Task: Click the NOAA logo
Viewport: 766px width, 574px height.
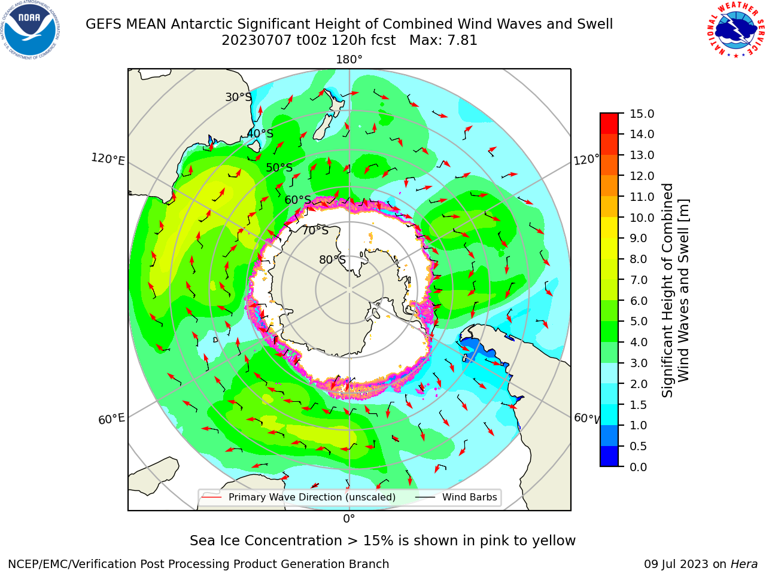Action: click(31, 30)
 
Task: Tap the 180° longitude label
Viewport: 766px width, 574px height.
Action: click(349, 60)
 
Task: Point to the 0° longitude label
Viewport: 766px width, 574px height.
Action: click(349, 518)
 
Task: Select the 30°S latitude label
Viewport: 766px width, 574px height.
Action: click(238, 97)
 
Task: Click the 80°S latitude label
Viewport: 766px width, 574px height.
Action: click(333, 259)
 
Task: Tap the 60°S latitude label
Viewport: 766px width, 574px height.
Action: click(297, 200)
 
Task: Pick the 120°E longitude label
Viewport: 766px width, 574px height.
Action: click(108, 159)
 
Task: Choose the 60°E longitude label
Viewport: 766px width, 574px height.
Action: click(111, 419)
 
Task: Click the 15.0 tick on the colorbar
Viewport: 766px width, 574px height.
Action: click(642, 114)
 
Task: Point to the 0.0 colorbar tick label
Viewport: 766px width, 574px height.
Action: click(639, 466)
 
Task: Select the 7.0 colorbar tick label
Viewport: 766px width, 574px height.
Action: click(639, 280)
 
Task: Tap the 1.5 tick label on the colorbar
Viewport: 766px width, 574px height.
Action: click(639, 405)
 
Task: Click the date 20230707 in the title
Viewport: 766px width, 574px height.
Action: click(256, 41)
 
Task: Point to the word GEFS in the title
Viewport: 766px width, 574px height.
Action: click(104, 24)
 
